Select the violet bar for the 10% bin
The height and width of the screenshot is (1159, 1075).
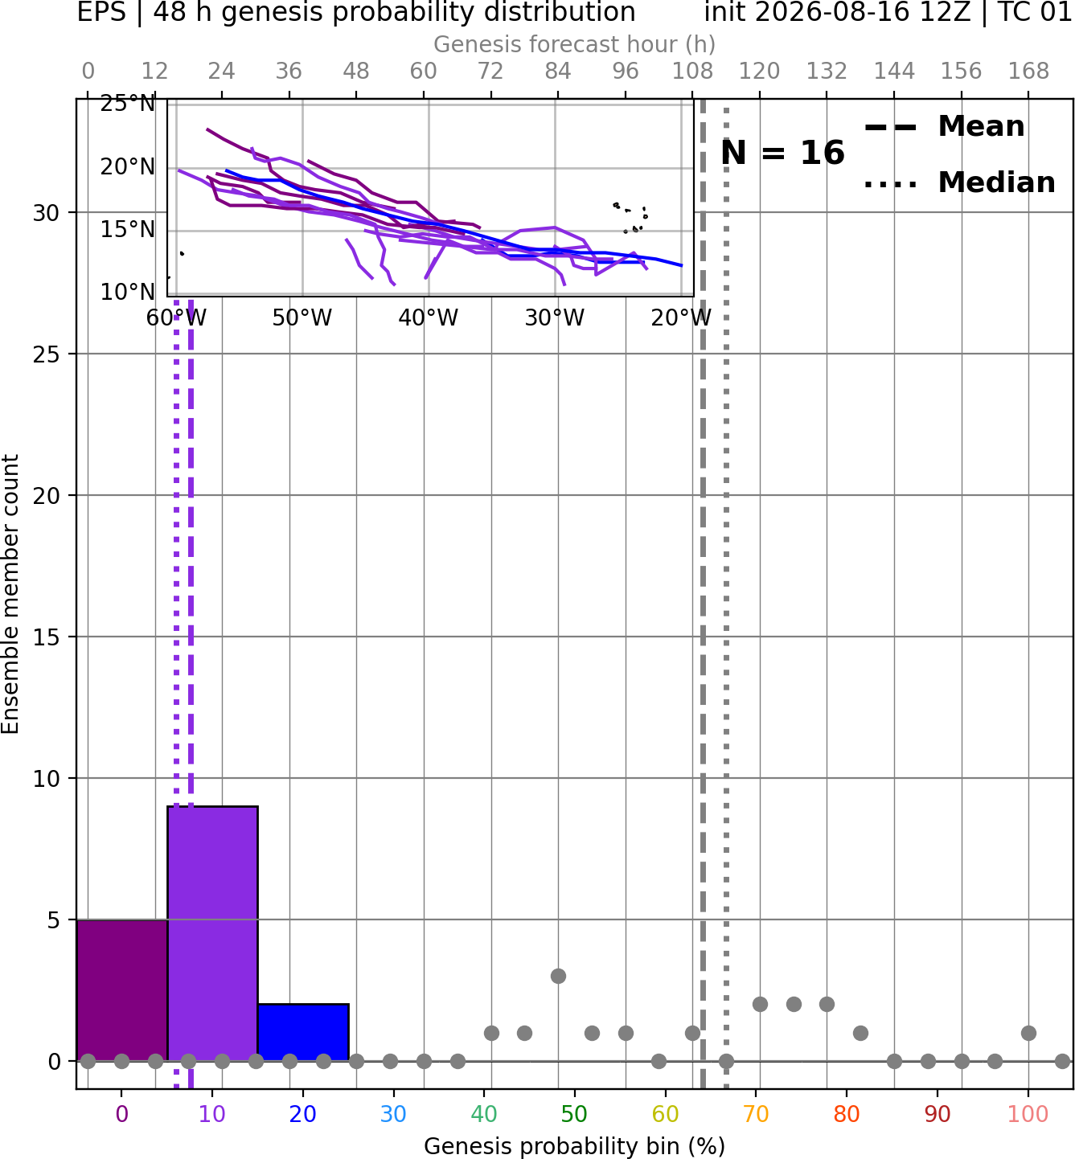point(212,933)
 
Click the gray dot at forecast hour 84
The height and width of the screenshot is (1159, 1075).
point(558,976)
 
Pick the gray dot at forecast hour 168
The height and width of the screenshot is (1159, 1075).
point(1029,1033)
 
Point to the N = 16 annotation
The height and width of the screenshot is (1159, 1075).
point(782,153)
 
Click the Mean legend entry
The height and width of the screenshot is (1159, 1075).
point(945,127)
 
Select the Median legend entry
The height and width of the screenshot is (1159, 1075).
point(960,182)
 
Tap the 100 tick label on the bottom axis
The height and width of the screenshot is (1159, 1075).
point(1028,1114)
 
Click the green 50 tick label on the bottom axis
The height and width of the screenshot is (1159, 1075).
point(575,1114)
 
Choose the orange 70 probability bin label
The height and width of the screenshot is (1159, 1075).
point(756,1114)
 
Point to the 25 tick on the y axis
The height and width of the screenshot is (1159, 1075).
point(47,354)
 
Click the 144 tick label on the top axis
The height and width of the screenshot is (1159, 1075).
point(894,72)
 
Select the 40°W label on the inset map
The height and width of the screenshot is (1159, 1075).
point(429,318)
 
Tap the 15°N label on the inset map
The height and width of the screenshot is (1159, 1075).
point(128,230)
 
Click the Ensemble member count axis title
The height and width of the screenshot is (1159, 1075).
point(10,594)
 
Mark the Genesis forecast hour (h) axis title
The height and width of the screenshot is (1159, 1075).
point(575,44)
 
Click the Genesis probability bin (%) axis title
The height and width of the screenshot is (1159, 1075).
point(575,1146)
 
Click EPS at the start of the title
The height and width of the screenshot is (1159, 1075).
point(101,12)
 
